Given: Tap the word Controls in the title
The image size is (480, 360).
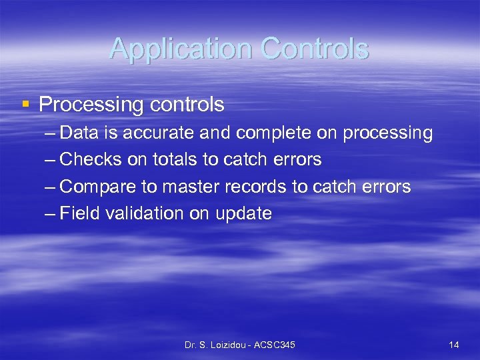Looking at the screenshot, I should [315, 49].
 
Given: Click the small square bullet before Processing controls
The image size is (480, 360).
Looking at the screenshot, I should [25, 104].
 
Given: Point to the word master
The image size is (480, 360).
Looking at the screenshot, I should [188, 187].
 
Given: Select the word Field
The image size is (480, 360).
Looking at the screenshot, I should [79, 213].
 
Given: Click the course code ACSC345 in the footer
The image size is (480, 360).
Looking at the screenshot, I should [276, 345].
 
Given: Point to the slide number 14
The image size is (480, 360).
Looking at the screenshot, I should [454, 345].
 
